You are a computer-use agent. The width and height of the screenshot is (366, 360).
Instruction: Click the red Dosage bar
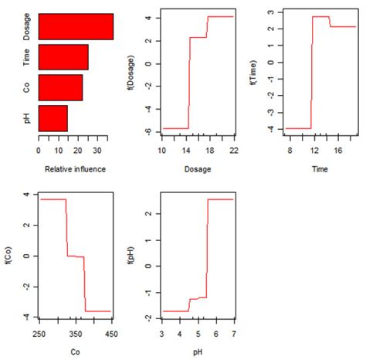[x=76, y=26]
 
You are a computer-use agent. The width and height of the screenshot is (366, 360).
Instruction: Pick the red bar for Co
[x=60, y=87]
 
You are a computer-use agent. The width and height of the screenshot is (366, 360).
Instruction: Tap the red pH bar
[x=53, y=117]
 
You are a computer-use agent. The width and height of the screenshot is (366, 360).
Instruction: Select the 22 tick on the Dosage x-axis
[x=232, y=148]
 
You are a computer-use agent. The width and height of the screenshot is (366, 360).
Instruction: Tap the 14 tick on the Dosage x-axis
[x=188, y=148]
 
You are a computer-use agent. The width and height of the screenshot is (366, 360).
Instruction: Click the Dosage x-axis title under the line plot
[x=197, y=168]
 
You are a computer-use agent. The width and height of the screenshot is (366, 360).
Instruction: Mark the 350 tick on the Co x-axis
[x=76, y=334]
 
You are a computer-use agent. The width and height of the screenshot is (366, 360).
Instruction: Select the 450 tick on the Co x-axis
[x=112, y=334]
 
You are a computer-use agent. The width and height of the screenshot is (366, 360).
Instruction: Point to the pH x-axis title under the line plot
[x=197, y=353]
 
